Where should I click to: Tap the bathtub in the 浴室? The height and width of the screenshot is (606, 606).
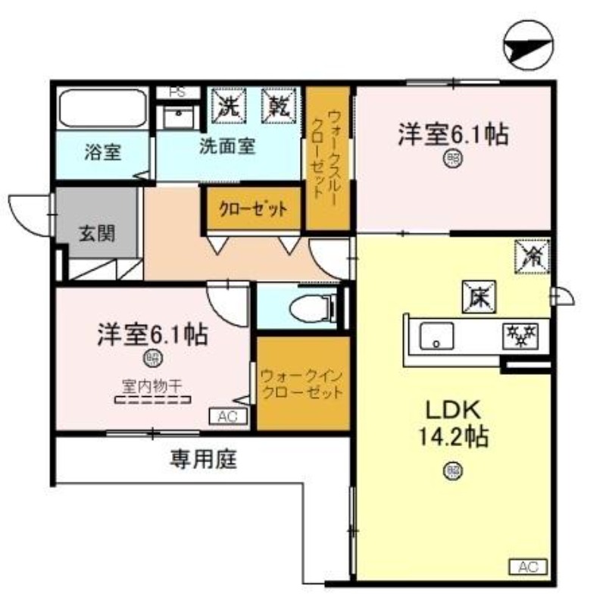pyautogui.click(x=103, y=110)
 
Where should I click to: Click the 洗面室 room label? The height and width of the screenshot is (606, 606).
pyautogui.click(x=226, y=146)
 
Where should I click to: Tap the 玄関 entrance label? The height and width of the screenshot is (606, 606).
pyautogui.click(x=97, y=232)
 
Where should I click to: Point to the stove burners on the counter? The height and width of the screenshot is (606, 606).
pyautogui.click(x=520, y=333)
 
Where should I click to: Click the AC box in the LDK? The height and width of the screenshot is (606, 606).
pyautogui.click(x=527, y=566)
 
